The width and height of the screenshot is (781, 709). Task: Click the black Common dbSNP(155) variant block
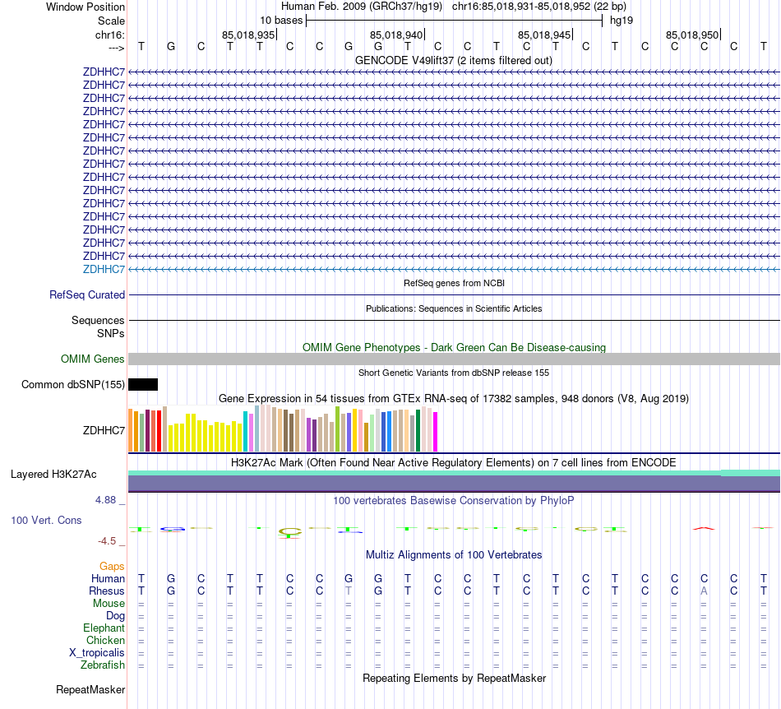click(x=143, y=384)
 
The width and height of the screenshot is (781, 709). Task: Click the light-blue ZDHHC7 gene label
click(x=104, y=269)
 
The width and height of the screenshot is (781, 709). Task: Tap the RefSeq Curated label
click(x=87, y=294)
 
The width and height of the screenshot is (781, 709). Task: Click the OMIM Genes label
click(x=93, y=359)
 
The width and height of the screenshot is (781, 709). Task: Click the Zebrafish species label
click(x=103, y=665)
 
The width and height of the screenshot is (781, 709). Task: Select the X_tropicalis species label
click(x=97, y=652)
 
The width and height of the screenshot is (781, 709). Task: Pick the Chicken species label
click(x=106, y=640)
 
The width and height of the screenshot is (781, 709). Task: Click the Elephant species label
click(x=104, y=628)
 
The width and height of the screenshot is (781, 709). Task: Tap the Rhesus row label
click(x=107, y=591)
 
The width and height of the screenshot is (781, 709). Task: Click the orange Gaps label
click(x=112, y=566)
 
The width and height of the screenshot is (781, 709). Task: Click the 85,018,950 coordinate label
click(x=692, y=35)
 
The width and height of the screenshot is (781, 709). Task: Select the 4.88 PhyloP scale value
click(x=107, y=499)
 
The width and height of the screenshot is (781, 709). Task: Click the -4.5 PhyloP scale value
click(x=108, y=540)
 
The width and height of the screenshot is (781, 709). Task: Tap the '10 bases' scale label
click(x=281, y=20)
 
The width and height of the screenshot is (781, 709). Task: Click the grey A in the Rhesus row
click(x=704, y=591)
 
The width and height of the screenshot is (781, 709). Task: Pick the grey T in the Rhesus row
click(x=349, y=591)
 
